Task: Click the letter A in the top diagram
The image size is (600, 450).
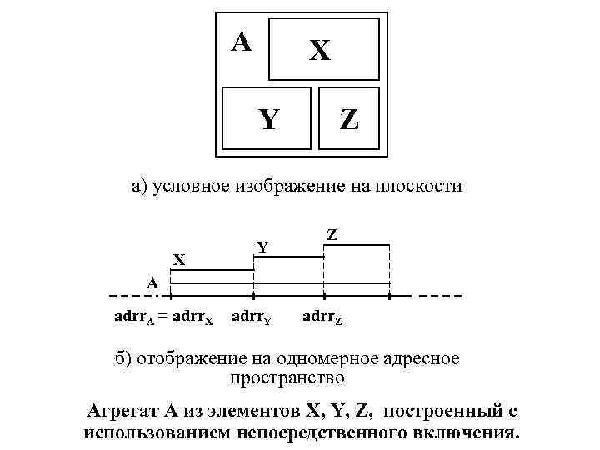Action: pyautogui.click(x=242, y=40)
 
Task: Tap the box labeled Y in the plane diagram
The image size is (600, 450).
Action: pyautogui.click(x=267, y=120)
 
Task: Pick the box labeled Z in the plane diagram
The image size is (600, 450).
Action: pyautogui.click(x=348, y=120)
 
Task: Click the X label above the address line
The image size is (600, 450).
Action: pyautogui.click(x=178, y=260)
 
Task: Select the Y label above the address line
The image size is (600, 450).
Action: pyautogui.click(x=262, y=247)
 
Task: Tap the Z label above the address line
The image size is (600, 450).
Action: pyautogui.click(x=332, y=236)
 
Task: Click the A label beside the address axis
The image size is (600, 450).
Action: pyautogui.click(x=152, y=282)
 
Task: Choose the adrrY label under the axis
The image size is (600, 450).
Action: pyautogui.click(x=251, y=317)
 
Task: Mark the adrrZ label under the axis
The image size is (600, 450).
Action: pyautogui.click(x=322, y=317)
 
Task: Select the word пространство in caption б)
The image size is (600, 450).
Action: pyautogui.click(x=287, y=377)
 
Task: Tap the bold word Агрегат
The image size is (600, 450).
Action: pyautogui.click(x=122, y=412)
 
